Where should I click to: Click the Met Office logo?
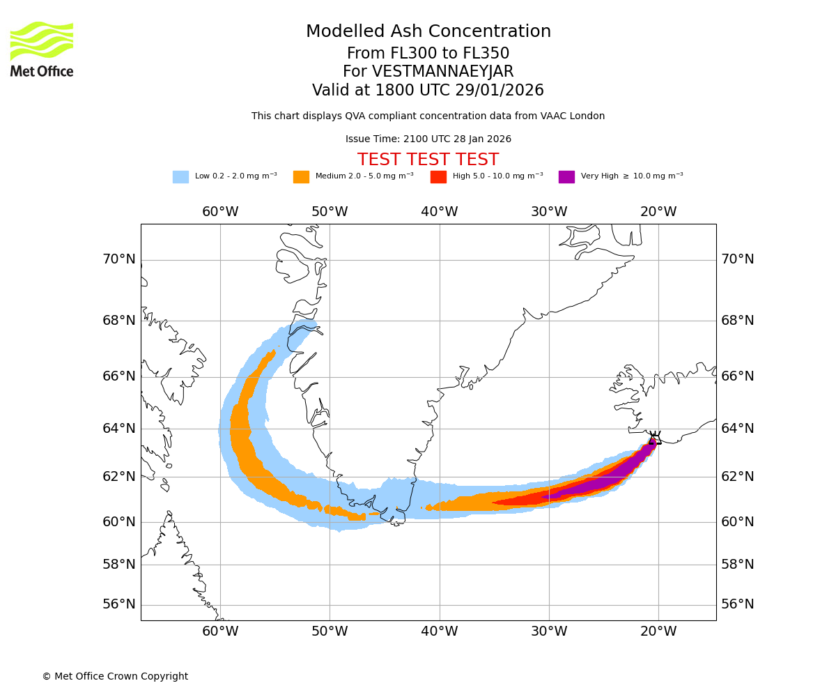coord(42,49)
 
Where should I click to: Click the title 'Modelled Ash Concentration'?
coord(428,32)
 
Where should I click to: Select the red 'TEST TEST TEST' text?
coord(428,160)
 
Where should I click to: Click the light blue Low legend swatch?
coord(180,177)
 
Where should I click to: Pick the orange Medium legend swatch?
coord(301,177)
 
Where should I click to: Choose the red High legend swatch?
coord(438,177)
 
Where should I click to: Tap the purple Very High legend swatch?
coord(566,177)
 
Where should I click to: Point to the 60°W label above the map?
coord(220,212)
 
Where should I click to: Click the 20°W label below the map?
coord(658,631)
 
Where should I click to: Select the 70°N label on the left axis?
coord(119,259)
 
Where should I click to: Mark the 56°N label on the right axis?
coord(738,604)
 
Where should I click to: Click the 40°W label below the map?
coord(440,631)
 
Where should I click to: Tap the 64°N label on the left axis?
coord(119,428)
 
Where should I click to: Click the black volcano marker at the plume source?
coord(653,438)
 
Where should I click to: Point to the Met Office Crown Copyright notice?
coord(115,676)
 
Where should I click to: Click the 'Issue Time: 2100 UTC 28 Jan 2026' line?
coord(428,139)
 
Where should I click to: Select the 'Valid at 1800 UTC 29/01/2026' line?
coord(428,91)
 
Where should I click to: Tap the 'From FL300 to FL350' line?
coord(428,54)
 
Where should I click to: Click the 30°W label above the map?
coord(549,212)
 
